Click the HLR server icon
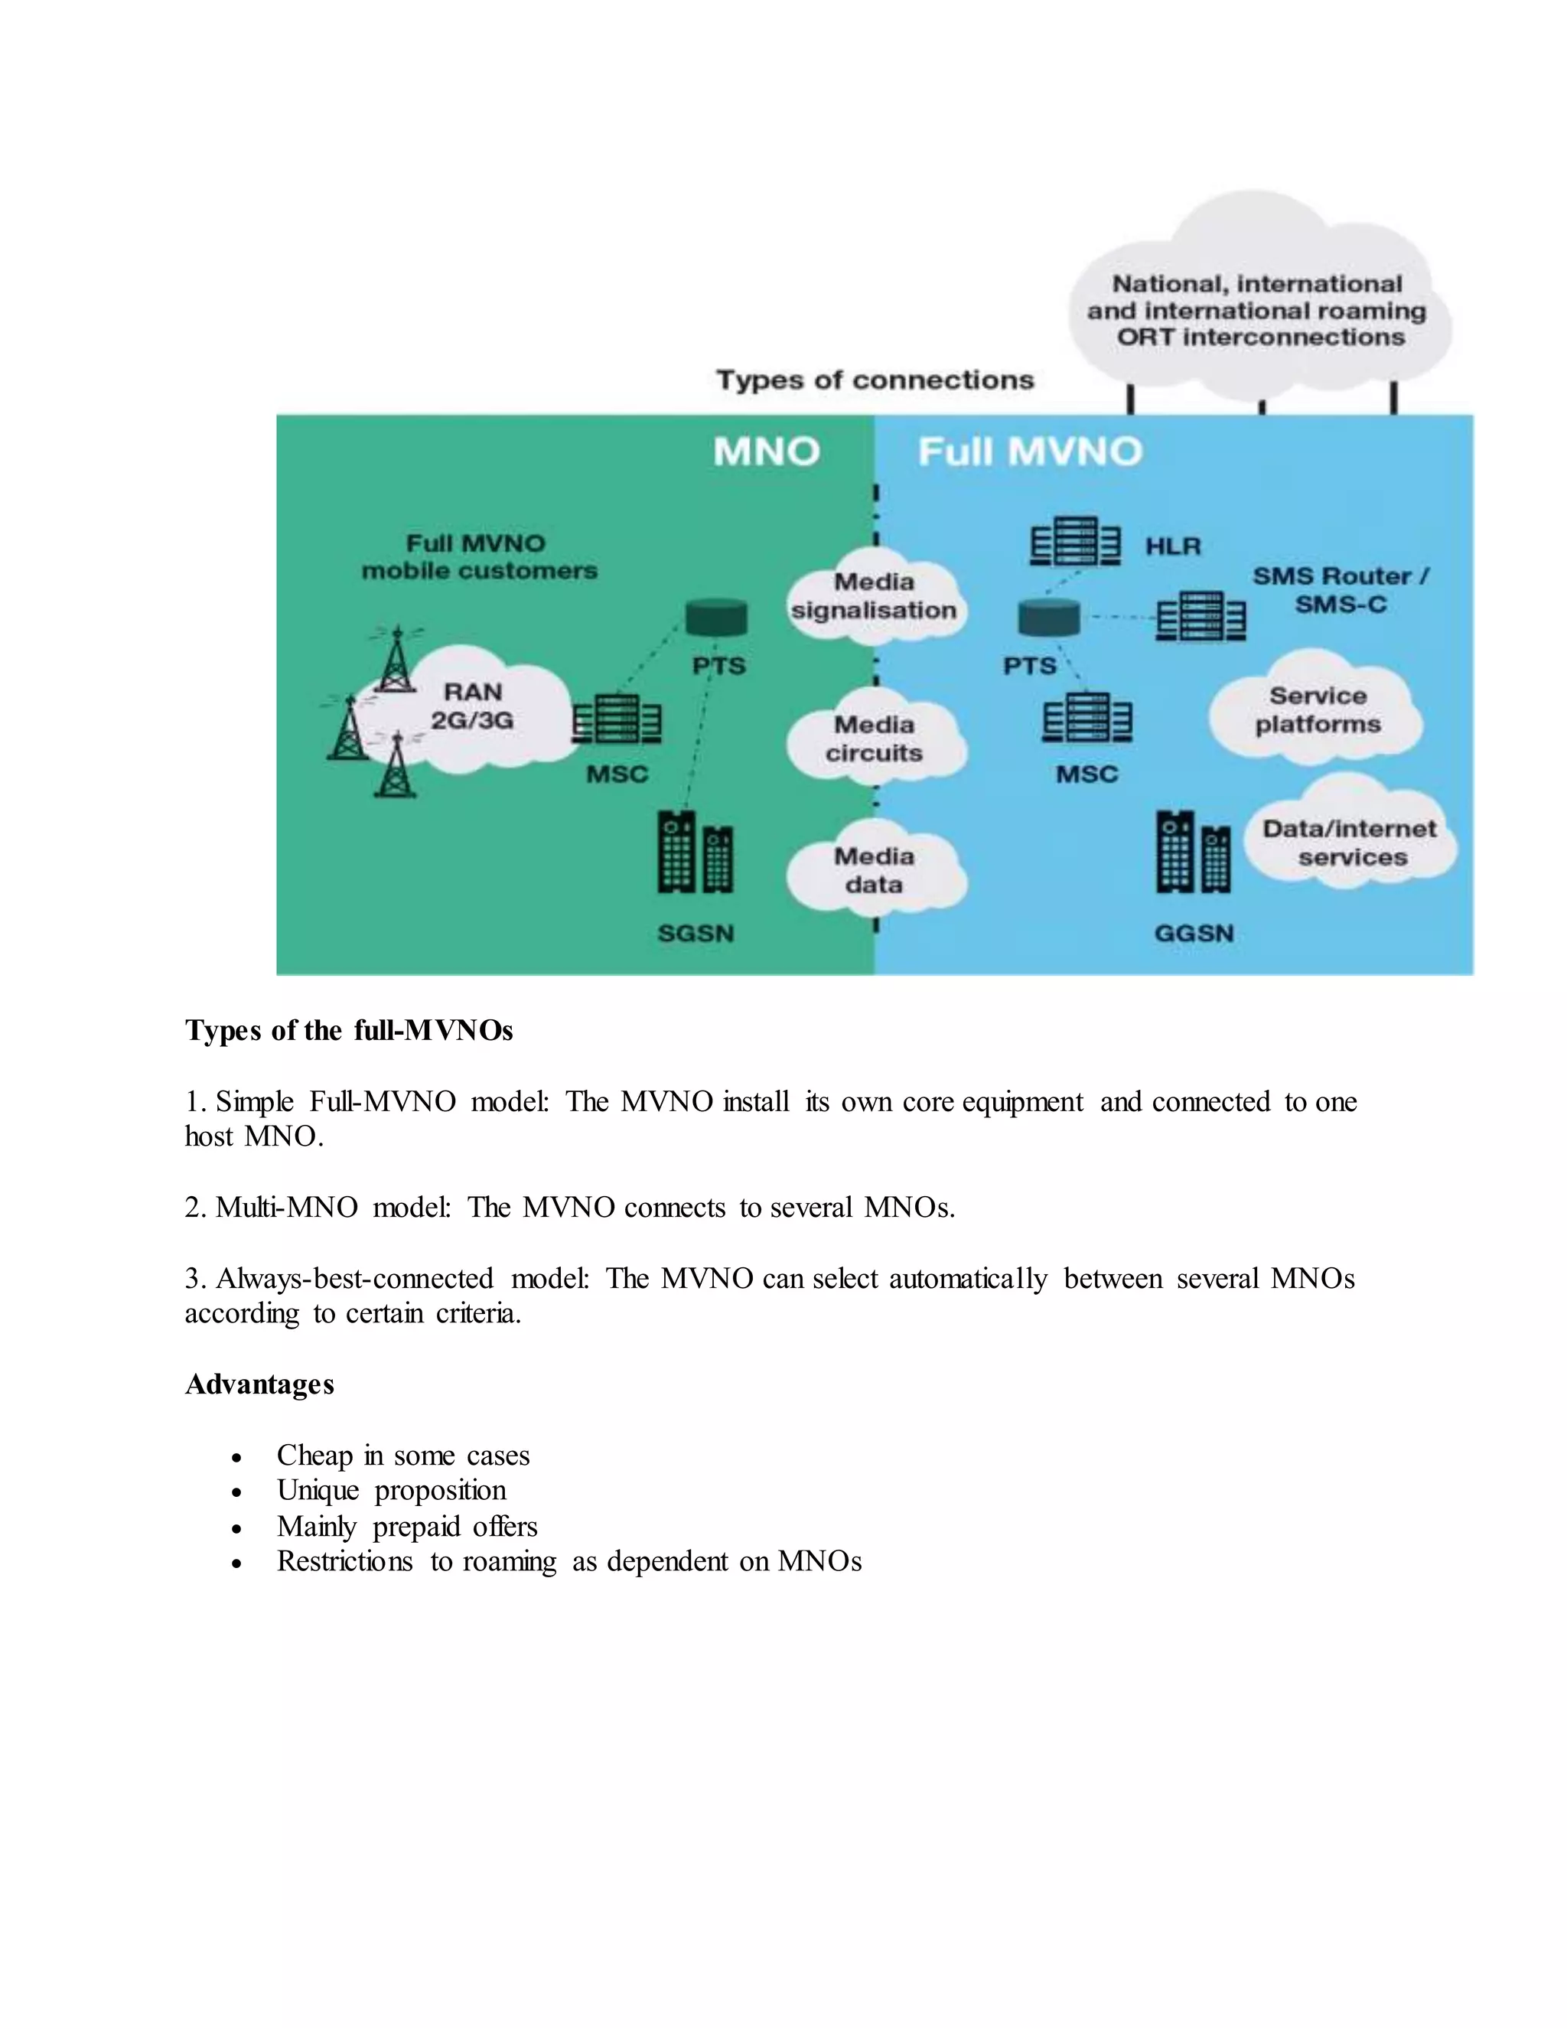(1074, 541)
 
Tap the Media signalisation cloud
(874, 596)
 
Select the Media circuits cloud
(875, 738)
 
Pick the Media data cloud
(875, 870)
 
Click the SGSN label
(696, 933)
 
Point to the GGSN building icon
(1192, 853)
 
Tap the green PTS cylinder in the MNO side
(715, 618)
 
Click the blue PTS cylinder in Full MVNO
(1049, 618)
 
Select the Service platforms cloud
(1318, 710)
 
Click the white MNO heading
(766, 452)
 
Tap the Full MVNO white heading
(1030, 452)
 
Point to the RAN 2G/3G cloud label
(473, 706)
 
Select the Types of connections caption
(874, 380)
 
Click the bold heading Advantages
(259, 1384)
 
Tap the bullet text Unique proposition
(391, 1490)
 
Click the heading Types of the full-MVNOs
(348, 1031)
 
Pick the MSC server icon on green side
(617, 719)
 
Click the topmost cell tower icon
(397, 660)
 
